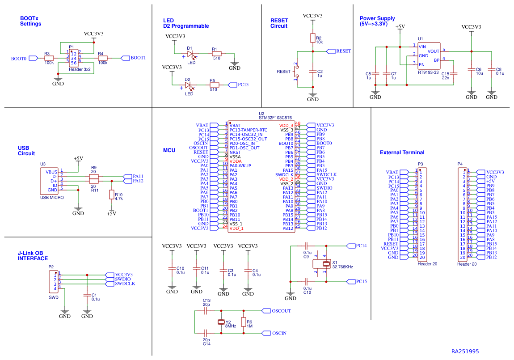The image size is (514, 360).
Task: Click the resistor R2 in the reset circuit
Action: tap(313, 38)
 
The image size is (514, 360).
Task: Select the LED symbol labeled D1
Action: tap(191, 54)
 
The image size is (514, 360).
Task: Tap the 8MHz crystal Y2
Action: tap(220, 322)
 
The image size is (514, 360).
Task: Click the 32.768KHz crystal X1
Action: tap(326, 263)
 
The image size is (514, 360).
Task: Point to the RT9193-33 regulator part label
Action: tap(428, 72)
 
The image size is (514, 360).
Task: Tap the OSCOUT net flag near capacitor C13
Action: tap(266, 311)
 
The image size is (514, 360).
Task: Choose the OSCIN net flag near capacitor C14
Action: tap(266, 333)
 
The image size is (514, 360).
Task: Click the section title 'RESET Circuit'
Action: tap(279, 23)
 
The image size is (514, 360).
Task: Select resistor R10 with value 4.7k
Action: tap(111, 195)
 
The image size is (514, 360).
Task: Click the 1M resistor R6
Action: tap(243, 322)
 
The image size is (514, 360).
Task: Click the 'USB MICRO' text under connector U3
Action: tap(52, 197)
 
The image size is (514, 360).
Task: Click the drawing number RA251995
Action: tap(465, 352)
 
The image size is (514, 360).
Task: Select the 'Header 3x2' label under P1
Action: tap(80, 70)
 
